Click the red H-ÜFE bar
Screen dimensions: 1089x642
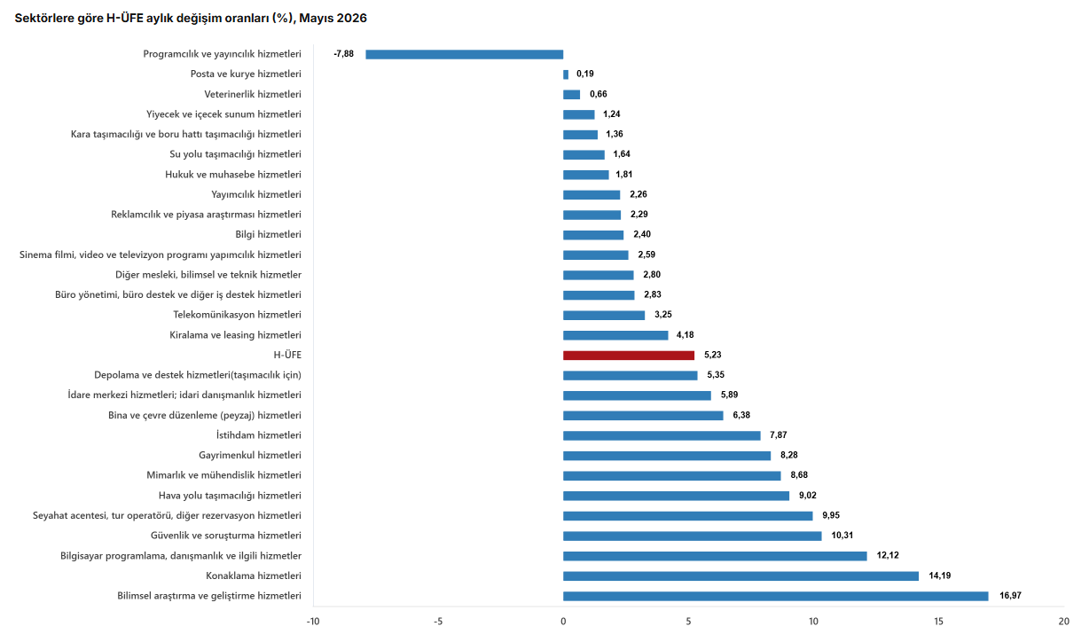[629, 356]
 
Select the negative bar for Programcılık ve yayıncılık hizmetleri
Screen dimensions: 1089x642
[465, 54]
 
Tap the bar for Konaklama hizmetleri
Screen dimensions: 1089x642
[740, 575]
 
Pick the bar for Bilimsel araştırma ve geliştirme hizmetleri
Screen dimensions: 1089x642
[776, 596]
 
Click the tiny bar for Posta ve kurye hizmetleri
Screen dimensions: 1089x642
[566, 74]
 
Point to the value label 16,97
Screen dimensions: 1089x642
[1010, 596]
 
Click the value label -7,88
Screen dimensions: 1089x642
[344, 54]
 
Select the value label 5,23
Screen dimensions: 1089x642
[713, 355]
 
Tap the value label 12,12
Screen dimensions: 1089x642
[888, 555]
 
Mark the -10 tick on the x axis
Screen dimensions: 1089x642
[313, 622]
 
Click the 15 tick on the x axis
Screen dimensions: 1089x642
[938, 622]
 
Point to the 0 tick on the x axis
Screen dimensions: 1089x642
[563, 622]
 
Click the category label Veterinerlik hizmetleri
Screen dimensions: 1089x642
[253, 94]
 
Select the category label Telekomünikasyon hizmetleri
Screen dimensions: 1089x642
[238, 315]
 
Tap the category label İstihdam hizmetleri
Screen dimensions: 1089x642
[259, 435]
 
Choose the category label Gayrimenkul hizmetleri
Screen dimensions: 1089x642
[250, 456]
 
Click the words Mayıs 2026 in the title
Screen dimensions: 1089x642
[333, 19]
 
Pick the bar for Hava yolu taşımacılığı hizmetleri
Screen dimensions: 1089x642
[677, 496]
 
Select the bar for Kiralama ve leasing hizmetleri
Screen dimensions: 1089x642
[615, 335]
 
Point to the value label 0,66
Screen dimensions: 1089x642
[599, 94]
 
